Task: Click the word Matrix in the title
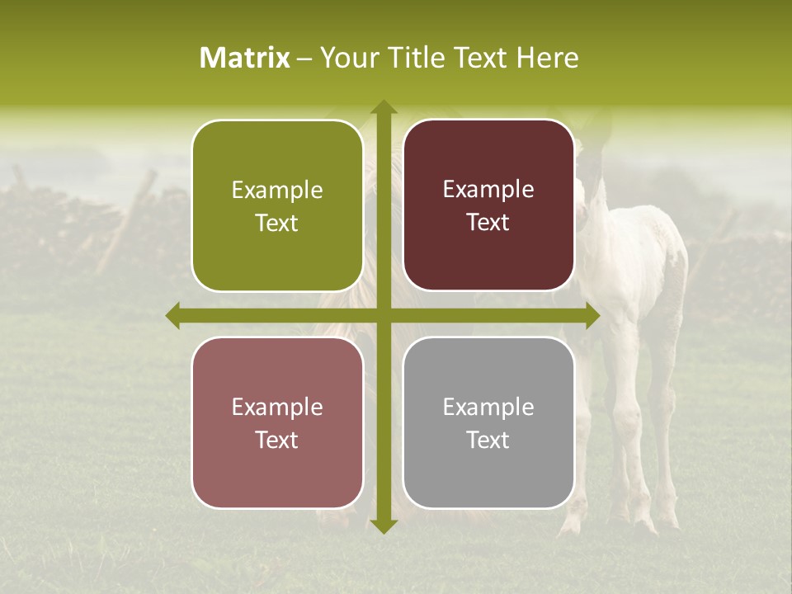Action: point(245,58)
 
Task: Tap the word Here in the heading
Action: point(548,58)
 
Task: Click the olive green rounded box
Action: point(277,205)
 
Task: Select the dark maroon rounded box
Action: point(488,205)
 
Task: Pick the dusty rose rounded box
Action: point(277,422)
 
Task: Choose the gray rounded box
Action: point(488,422)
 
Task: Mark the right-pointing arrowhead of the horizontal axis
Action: point(592,316)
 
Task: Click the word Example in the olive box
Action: point(277,191)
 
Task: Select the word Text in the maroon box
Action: point(488,223)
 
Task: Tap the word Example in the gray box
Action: point(488,408)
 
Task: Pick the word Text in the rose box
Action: point(277,440)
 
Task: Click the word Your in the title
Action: point(346,58)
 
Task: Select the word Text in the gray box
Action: point(488,440)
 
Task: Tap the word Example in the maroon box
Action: point(488,190)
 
